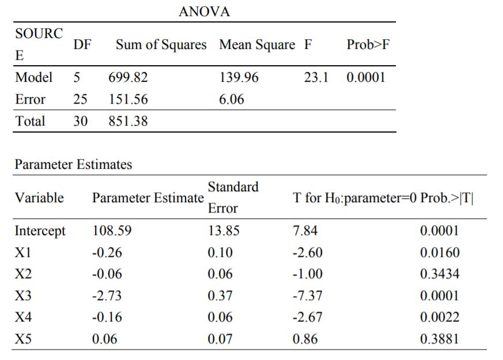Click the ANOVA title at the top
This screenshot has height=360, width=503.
click(205, 12)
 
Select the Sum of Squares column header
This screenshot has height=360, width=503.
click(161, 45)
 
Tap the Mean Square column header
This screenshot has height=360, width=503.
click(257, 45)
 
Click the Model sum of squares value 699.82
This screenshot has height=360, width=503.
click(128, 78)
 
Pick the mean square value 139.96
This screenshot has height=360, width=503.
click(239, 78)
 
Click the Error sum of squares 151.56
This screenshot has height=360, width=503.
click(128, 100)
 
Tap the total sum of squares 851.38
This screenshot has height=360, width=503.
click(128, 122)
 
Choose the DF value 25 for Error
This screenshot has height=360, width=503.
click(80, 100)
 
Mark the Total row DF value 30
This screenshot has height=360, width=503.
click(80, 122)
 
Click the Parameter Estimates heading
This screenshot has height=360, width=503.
click(73, 165)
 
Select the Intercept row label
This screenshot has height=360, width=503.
click(40, 232)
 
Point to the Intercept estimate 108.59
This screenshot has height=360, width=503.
click(112, 232)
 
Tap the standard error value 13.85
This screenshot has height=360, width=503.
click(224, 232)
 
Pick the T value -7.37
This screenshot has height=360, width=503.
click(308, 296)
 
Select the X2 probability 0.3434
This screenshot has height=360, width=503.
click(440, 274)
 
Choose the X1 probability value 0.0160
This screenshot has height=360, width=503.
click(440, 253)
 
